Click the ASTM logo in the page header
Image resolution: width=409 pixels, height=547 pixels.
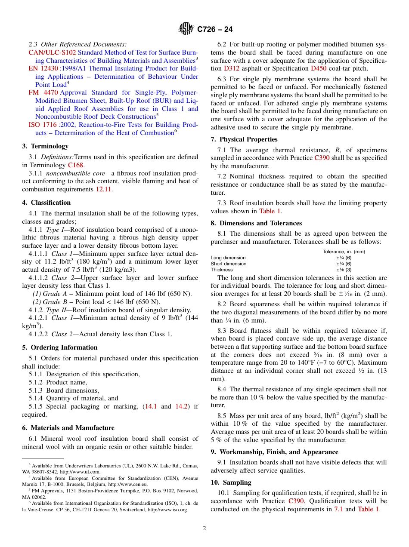click(186, 29)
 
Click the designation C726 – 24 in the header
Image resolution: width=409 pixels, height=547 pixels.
click(215, 29)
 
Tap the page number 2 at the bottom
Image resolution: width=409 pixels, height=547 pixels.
click(204, 529)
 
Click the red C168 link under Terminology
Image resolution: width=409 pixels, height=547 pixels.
click(76, 165)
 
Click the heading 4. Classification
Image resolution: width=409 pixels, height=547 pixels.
click(46, 203)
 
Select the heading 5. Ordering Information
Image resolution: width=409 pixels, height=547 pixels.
click(60, 347)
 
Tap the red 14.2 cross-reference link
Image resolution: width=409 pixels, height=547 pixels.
click(181, 406)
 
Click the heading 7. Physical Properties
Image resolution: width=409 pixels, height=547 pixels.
click(244, 139)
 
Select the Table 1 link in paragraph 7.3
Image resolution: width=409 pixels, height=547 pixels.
click(270, 211)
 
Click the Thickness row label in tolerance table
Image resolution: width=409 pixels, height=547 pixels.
click(222, 270)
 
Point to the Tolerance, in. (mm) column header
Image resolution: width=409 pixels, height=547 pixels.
click(344, 252)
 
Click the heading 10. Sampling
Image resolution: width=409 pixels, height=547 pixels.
click(231, 482)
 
